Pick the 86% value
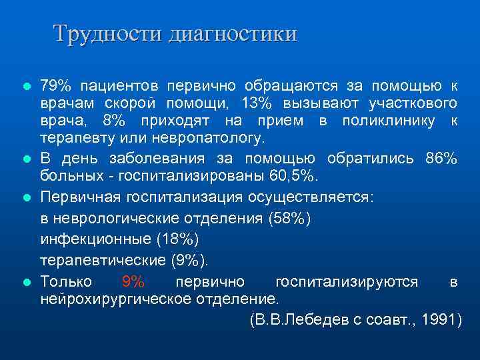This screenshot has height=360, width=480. (441, 159)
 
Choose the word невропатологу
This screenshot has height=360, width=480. (209, 138)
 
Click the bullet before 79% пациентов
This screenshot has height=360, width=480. (27, 87)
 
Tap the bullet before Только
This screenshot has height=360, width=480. (27, 282)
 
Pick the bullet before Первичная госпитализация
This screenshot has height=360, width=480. (27, 198)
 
